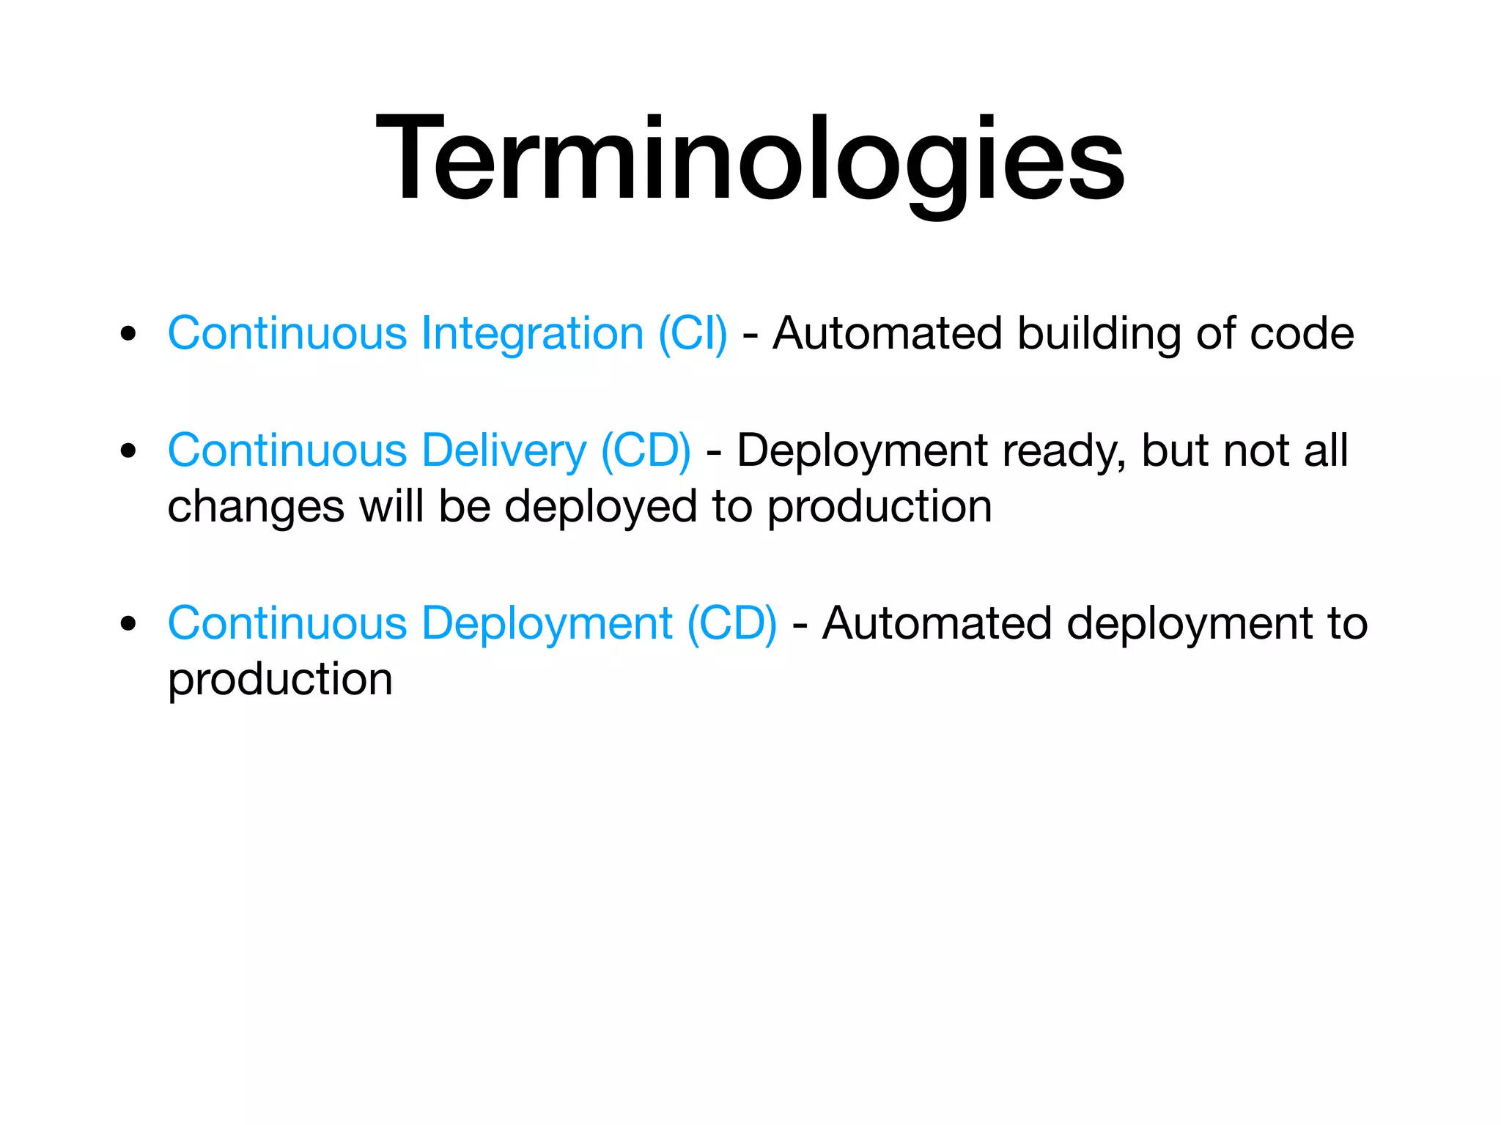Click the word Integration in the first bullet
point(533,333)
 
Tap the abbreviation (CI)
point(693,334)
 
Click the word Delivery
point(504,450)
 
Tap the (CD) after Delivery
point(646,450)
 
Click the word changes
point(256,507)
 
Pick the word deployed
point(600,507)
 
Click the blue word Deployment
point(547,623)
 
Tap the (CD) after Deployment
point(731,623)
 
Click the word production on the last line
point(280,680)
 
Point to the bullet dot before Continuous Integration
point(129,335)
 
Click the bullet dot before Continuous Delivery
point(129,451)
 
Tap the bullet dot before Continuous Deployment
point(129,624)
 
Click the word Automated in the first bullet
point(887,334)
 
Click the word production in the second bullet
point(879,507)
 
